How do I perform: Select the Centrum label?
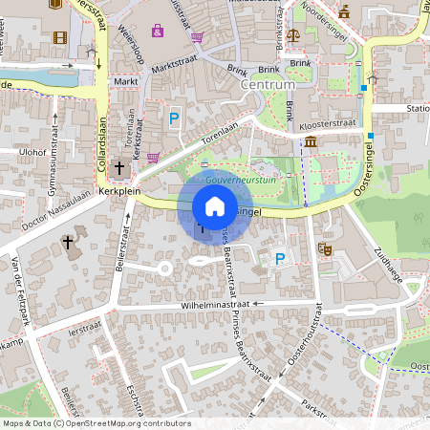pyautogui.click(x=269, y=84)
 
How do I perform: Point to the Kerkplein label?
pyautogui.click(x=118, y=191)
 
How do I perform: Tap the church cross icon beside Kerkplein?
pyautogui.click(x=119, y=169)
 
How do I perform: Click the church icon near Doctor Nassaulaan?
pyautogui.click(x=68, y=243)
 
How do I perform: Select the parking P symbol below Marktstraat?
pyautogui.click(x=174, y=118)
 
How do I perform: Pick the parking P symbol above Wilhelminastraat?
pyautogui.click(x=279, y=258)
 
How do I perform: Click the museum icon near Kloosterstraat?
pyautogui.click(x=312, y=142)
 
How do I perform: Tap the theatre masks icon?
pyautogui.click(x=325, y=247)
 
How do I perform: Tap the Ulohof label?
pyautogui.click(x=32, y=151)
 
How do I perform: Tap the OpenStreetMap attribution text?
pyautogui.click(x=97, y=423)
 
